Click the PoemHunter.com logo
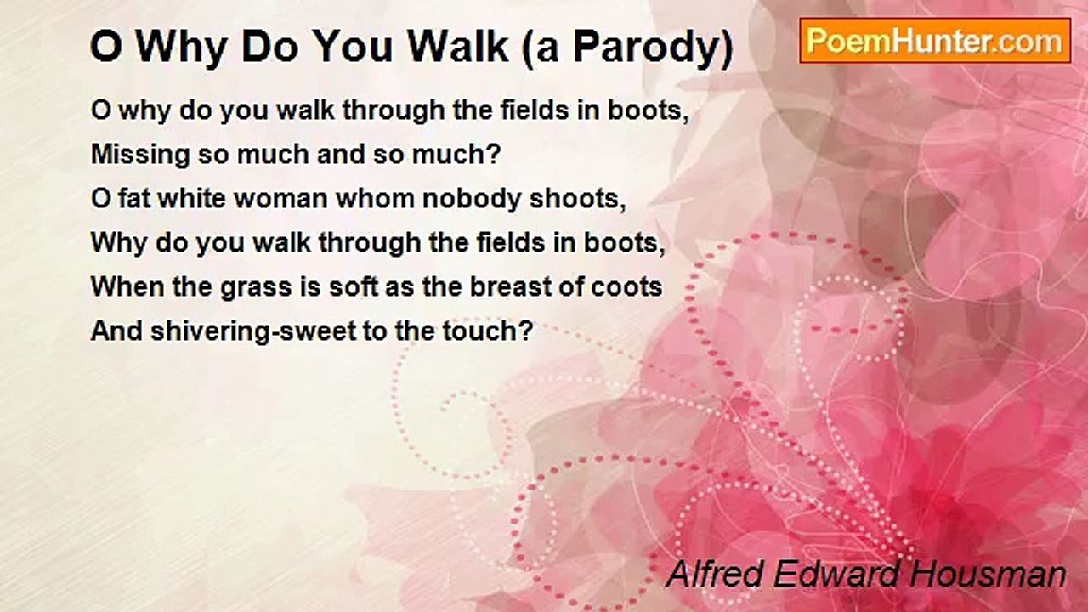(x=935, y=41)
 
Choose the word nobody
(x=471, y=200)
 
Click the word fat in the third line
(x=133, y=199)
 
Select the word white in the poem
(x=192, y=199)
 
